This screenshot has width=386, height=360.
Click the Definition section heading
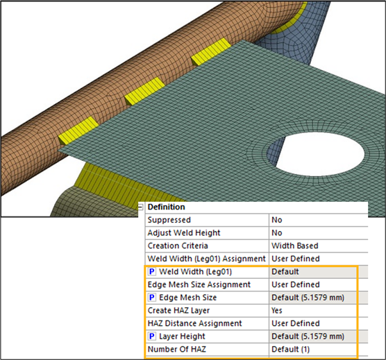[x=166, y=207]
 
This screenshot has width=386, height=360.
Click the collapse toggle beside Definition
[x=140, y=207]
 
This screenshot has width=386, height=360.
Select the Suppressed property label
[x=169, y=220]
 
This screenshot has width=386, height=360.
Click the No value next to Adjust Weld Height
[x=277, y=233]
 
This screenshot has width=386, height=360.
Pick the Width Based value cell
[x=294, y=246]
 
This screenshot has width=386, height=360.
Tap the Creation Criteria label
[x=178, y=246]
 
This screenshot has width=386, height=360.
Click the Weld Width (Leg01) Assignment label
[x=207, y=259]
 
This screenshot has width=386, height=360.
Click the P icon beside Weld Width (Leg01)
[x=151, y=272]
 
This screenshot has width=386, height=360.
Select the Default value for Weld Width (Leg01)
[x=285, y=272]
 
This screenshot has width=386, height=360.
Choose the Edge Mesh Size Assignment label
[x=199, y=285]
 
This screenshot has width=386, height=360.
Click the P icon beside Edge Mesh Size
[x=151, y=298]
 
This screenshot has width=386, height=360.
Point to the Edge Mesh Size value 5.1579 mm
[x=308, y=298]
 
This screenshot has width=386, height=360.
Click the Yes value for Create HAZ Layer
[x=277, y=311]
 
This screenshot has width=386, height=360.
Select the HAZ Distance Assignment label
[x=194, y=323]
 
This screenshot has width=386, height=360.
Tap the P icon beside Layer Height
[x=151, y=336]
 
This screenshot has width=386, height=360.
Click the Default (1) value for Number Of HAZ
[x=290, y=349]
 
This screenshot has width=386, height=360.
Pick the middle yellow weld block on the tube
[x=144, y=92]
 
